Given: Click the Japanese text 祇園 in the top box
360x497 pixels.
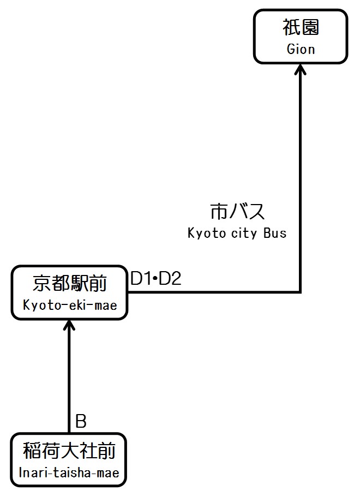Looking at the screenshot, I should pos(301,27).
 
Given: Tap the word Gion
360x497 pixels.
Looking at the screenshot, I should pos(301,49).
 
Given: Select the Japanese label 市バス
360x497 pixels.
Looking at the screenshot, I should pos(237,212).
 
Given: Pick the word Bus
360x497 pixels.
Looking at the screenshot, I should pos(274,233).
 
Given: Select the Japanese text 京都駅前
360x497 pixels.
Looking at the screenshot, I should pos(69,284).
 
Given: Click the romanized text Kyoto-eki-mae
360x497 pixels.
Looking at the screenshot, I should pos(70,305).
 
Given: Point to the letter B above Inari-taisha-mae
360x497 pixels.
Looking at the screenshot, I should pos(81,421).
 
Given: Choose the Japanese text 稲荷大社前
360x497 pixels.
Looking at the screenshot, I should pos(69,452).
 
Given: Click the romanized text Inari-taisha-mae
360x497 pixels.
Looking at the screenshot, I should pos(69,472).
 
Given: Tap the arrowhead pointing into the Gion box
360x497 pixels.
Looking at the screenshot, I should pos(301,69).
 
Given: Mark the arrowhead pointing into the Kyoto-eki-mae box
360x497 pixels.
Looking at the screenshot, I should pos(69,326).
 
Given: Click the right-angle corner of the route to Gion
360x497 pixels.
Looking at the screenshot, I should pos(301,292).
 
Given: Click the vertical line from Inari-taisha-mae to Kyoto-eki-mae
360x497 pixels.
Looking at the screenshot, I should pos(69,382).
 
